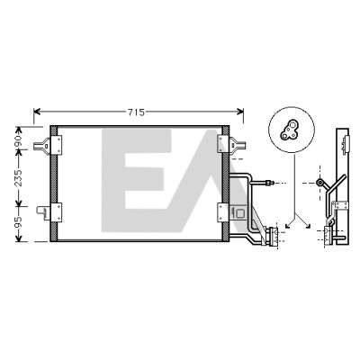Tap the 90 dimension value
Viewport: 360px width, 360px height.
[x=18, y=139]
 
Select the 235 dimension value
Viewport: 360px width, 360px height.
[x=18, y=178]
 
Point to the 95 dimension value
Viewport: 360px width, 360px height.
[x=18, y=222]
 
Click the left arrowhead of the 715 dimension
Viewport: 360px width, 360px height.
[x=37, y=112]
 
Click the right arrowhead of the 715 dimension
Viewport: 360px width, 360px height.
[x=240, y=112]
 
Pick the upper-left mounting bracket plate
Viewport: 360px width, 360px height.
[x=57, y=145]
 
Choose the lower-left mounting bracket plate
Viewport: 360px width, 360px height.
[x=57, y=212]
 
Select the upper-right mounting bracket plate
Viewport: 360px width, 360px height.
[x=223, y=145]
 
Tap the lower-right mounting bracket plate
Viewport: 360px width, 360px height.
[x=223, y=212]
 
